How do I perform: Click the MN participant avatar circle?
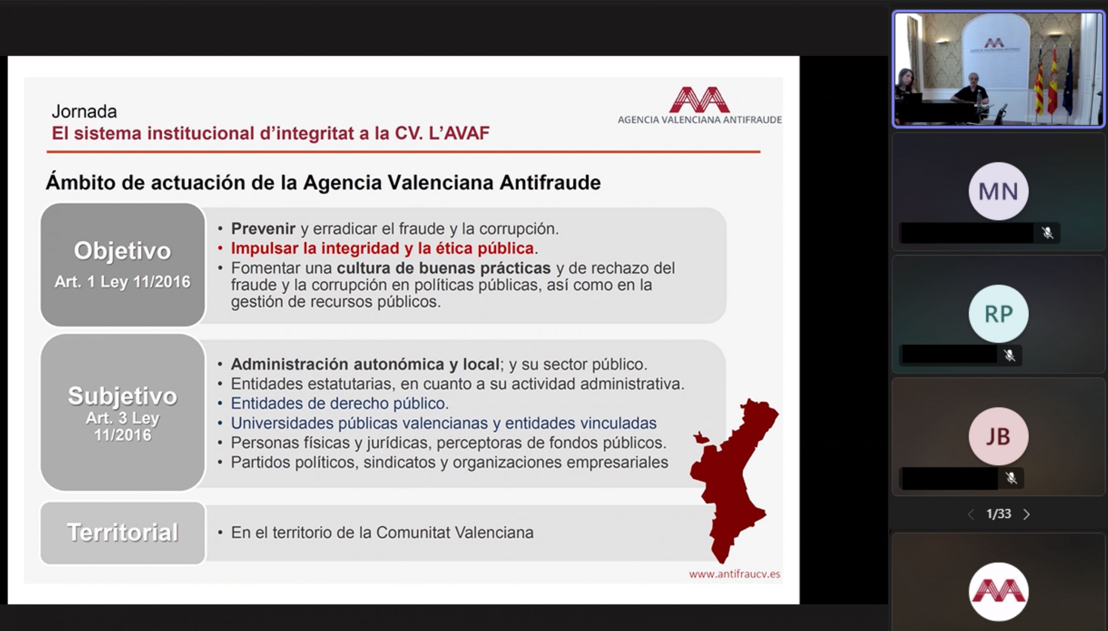998,191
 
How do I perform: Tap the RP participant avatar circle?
998,314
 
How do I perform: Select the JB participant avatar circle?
998,437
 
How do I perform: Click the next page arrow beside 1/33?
1026,515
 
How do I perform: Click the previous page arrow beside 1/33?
971,515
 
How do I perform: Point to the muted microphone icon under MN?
1048,233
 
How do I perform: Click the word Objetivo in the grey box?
122,250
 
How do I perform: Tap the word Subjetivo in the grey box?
122,396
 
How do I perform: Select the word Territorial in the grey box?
122,532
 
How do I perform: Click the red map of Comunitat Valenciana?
732,477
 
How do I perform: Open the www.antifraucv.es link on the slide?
734,574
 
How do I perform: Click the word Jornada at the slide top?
84,112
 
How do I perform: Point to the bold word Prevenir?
263,228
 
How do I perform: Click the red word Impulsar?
264,248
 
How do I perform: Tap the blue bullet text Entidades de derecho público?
339,404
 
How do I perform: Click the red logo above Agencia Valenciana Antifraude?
700,99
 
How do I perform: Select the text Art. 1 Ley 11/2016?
122,282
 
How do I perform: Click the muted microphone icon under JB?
1011,478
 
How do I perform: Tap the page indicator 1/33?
998,514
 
